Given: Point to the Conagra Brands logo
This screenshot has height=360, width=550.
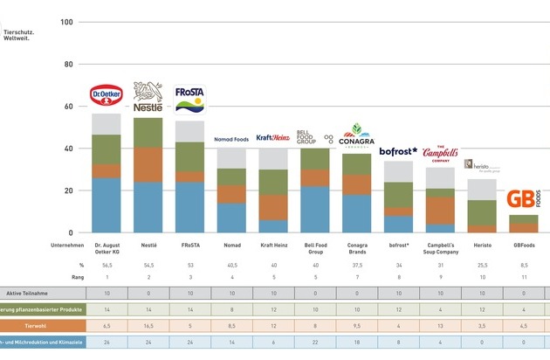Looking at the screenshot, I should [x=356, y=137].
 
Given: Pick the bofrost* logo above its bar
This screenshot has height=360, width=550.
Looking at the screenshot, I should [x=398, y=151].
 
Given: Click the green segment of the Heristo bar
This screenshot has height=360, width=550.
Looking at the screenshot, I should [x=480, y=213].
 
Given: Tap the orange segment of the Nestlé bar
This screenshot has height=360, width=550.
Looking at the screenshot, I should [x=148, y=164].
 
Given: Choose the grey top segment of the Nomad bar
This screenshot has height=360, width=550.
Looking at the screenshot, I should [x=230, y=158].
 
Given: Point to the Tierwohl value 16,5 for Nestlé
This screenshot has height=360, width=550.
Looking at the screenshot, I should [x=148, y=326].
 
